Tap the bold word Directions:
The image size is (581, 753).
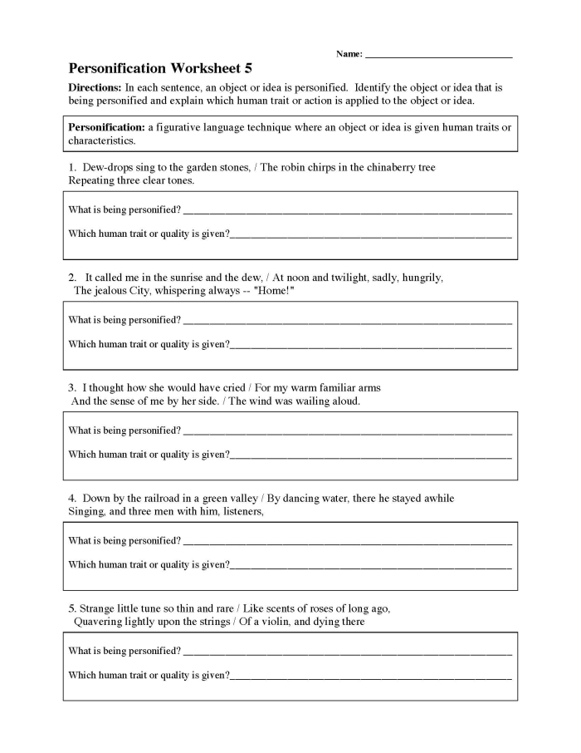tap(95, 87)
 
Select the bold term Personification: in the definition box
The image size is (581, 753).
tap(106, 127)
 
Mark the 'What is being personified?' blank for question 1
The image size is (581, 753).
tap(347, 211)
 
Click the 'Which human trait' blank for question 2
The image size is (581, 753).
tap(370, 345)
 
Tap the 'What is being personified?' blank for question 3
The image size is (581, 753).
tap(347, 432)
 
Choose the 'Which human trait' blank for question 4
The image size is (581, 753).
tap(370, 566)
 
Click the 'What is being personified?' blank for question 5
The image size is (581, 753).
tap(347, 652)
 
